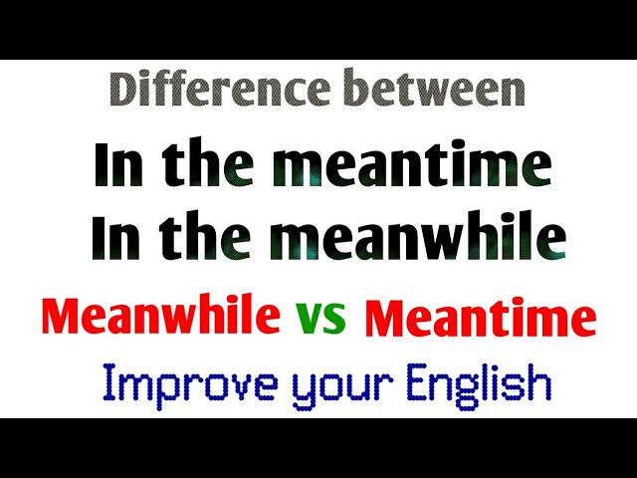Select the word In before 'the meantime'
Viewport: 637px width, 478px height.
(117, 166)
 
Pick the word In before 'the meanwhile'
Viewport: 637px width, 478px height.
(113, 239)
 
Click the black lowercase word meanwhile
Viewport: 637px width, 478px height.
(417, 239)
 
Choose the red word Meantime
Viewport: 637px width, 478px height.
(481, 320)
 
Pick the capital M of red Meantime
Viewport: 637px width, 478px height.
(385, 320)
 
